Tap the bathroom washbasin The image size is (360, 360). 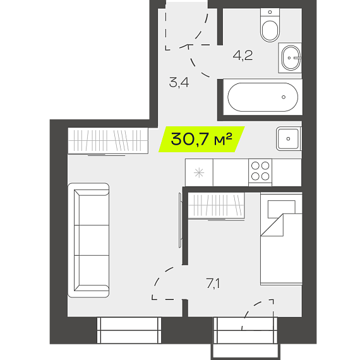point(291,58)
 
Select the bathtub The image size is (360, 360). point(263,97)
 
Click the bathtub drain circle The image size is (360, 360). point(284,97)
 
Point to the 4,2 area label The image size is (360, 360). point(243,56)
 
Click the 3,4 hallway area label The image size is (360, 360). point(179,83)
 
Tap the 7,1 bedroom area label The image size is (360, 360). point(213,284)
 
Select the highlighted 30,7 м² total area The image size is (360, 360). point(201,139)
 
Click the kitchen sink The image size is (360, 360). point(289,139)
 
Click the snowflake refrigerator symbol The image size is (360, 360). point(199,172)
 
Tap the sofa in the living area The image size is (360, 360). point(88,240)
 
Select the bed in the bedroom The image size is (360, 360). point(281,239)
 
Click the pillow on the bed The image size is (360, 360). point(282,209)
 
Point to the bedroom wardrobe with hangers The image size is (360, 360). point(216,206)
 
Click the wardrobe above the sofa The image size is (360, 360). point(108,140)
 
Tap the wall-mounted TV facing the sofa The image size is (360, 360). point(180,220)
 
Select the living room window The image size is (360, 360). point(129,330)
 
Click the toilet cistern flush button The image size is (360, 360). point(270,12)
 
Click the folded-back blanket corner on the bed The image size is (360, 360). point(272,225)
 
